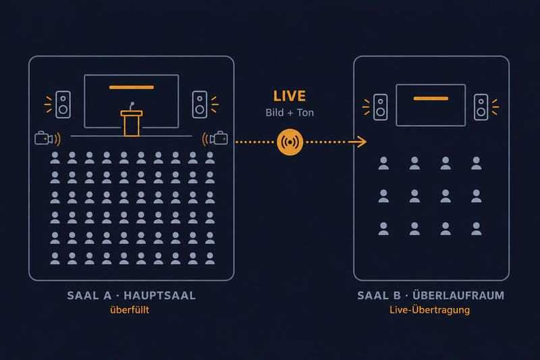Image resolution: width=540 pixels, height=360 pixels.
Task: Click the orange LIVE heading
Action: point(290,96)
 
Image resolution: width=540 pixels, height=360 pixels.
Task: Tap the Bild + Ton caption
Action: point(290,113)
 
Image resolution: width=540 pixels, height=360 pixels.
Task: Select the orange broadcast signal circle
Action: point(290,142)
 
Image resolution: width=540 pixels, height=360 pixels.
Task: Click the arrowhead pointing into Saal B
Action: point(358,142)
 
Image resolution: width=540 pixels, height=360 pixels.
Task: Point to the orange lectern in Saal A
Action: point(132,123)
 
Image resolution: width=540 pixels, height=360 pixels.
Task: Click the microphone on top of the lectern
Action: point(132,106)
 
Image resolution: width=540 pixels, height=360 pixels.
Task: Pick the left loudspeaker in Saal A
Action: point(63,105)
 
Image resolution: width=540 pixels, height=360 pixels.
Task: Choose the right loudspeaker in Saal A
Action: point(200,105)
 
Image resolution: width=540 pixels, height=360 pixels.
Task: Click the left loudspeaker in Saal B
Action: point(381,107)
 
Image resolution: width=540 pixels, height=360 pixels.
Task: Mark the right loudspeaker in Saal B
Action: point(481,107)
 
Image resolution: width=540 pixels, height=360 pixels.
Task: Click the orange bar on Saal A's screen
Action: point(132,87)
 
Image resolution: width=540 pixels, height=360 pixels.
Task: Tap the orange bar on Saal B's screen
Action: point(431,99)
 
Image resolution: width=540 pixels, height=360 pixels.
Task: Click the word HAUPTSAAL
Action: point(159,296)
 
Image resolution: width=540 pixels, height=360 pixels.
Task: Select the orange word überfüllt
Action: point(130,310)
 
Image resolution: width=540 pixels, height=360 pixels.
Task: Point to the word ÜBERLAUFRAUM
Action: point(458,295)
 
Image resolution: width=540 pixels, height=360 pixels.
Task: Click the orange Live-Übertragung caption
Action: point(429,310)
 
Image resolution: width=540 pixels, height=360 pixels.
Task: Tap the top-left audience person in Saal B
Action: point(383,163)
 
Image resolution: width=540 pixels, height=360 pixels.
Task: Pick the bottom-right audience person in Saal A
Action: point(210,259)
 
